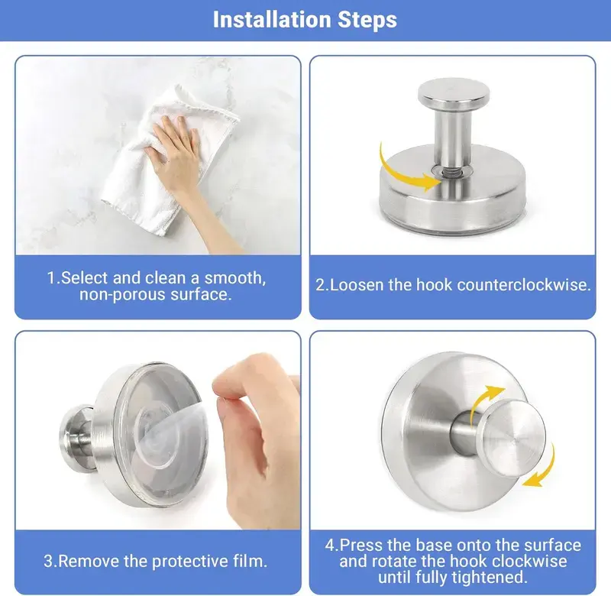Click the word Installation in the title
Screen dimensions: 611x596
pos(273,20)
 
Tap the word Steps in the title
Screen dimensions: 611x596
pos(367,21)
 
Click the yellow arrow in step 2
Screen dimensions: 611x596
pos(406,171)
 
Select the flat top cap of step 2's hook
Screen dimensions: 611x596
pos(454,92)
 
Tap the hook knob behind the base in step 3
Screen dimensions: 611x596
pos(76,439)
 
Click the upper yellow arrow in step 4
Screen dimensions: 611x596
pos(485,400)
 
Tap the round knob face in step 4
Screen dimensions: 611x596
pos(512,439)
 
